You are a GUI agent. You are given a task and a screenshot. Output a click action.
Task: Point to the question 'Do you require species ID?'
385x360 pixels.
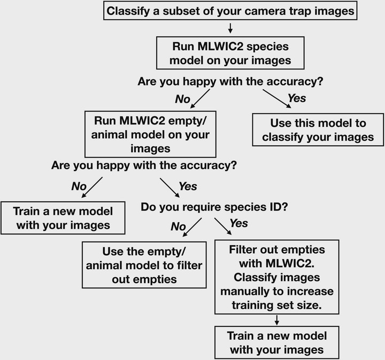214,207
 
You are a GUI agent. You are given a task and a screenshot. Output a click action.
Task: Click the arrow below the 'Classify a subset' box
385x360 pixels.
230,28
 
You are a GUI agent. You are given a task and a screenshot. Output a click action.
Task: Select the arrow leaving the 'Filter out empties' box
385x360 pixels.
277,320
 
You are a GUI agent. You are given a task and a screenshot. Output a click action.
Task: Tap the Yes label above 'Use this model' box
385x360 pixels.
297,98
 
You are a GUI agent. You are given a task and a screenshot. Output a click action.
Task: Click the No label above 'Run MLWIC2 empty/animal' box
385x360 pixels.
182,99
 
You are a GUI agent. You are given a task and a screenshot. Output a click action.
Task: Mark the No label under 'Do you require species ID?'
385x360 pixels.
178,226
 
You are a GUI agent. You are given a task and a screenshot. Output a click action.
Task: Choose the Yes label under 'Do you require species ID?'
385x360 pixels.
238,223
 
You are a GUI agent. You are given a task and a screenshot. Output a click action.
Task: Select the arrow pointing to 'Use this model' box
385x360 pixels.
277,99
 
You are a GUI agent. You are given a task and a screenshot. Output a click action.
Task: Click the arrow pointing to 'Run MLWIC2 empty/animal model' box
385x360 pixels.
200,99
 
